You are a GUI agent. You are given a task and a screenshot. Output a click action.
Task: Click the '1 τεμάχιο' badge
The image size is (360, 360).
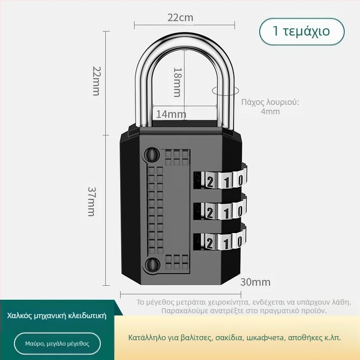tap(301, 31)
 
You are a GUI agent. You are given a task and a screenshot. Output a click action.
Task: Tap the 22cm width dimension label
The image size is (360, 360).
tap(180, 18)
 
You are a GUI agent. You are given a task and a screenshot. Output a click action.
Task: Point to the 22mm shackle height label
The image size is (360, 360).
tap(96, 81)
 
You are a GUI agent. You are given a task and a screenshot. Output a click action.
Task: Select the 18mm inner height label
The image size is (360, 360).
tap(177, 82)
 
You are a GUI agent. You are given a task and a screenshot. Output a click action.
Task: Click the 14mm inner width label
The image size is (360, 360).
tap(171, 114)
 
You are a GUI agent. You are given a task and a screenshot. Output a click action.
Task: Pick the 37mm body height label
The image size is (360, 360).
tap(92, 202)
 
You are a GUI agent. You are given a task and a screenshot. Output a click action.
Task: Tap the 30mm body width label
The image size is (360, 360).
tap(255, 282)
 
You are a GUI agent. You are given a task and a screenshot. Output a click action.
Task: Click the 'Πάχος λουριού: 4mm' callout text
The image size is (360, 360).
tap(270, 107)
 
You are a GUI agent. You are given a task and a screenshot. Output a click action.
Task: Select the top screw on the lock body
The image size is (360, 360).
tap(152, 154)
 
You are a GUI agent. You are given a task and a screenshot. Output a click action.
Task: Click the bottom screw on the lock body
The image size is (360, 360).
tap(152, 264)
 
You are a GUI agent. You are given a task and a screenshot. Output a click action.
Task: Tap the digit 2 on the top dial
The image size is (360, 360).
tap(210, 183)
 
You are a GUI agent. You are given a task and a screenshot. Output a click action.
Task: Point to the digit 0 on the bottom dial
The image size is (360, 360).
tap(240, 242)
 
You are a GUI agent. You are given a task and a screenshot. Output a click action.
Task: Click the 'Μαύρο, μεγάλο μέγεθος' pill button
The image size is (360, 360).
tap(58, 344)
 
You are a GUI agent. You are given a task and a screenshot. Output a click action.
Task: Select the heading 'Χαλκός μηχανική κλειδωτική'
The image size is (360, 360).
tap(57, 316)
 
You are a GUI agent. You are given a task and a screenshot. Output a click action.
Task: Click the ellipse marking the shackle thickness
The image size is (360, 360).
tap(225, 91)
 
